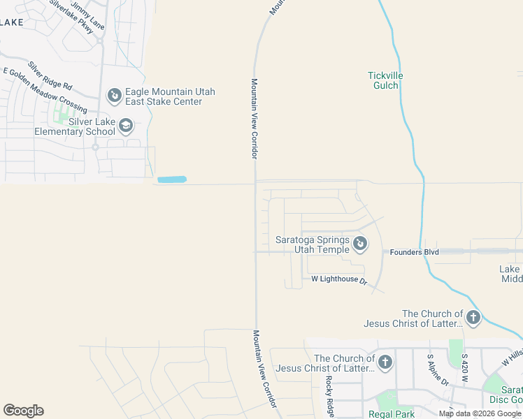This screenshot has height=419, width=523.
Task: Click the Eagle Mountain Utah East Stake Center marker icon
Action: (114, 94)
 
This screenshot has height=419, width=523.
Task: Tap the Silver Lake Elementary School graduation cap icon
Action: (126, 126)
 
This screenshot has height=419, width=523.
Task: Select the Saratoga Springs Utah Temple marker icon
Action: (360, 243)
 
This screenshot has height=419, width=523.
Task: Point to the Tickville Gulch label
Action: (383, 80)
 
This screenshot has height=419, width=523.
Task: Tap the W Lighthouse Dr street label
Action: (339, 279)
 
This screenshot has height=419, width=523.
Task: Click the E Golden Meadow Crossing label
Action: (45, 90)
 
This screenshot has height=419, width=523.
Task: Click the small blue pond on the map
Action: (172, 179)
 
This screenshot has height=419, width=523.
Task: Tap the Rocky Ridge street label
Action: (329, 395)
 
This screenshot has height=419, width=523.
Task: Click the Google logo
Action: (23, 411)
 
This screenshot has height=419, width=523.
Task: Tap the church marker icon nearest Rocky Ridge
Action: (385, 362)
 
